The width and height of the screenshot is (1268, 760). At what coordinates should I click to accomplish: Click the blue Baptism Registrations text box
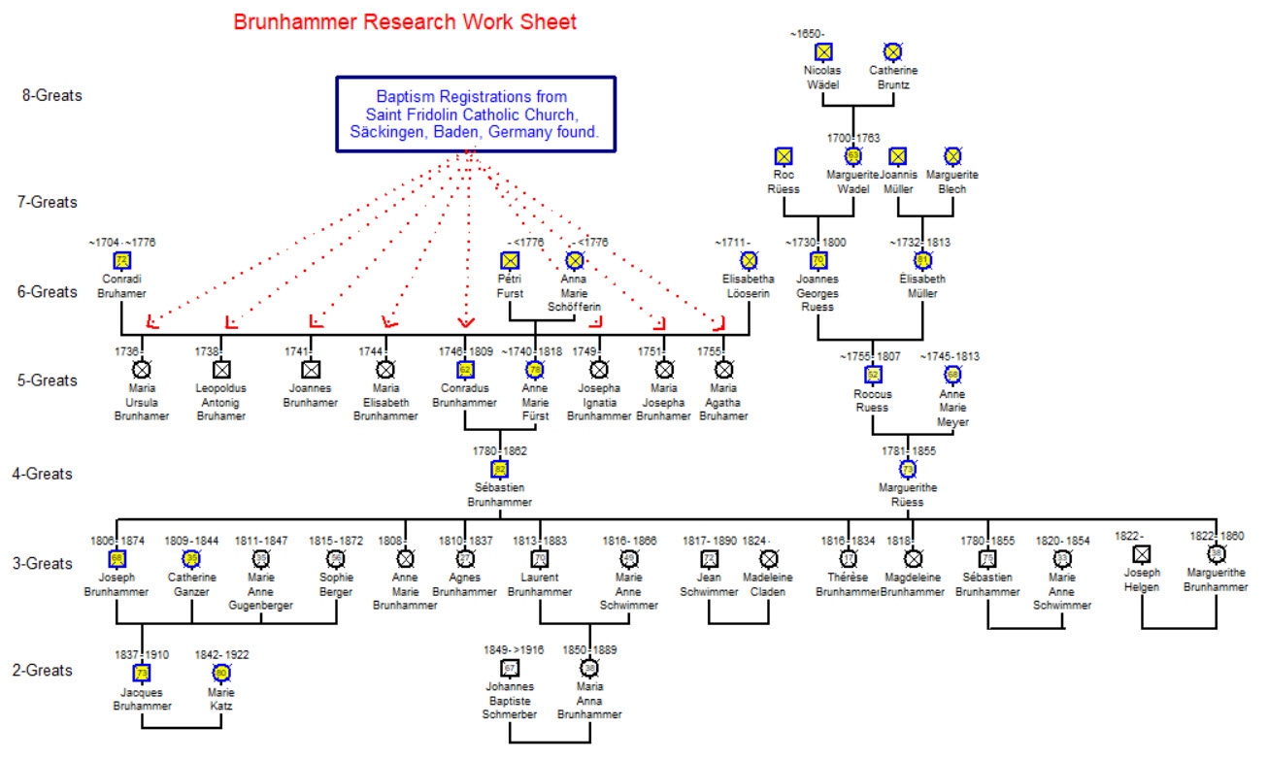[476, 114]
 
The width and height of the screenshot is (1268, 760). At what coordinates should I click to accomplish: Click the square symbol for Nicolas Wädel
[823, 51]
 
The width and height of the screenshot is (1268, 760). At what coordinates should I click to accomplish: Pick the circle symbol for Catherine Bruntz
[892, 51]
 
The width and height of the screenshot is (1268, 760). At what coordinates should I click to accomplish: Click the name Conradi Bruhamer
[121, 285]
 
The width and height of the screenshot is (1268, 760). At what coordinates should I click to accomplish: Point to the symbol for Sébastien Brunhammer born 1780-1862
[500, 469]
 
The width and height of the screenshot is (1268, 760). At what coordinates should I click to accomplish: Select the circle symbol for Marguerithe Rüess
[908, 469]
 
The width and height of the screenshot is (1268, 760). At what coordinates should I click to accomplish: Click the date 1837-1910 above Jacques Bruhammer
[142, 655]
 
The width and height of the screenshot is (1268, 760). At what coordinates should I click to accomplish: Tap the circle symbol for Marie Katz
[220, 673]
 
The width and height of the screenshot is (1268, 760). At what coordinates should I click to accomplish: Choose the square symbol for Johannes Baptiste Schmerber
[509, 668]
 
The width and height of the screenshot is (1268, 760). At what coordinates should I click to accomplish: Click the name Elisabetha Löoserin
[749, 285]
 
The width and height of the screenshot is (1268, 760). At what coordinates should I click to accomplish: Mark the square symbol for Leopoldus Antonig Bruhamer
[220, 369]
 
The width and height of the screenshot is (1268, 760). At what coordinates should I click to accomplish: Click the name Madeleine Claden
[769, 585]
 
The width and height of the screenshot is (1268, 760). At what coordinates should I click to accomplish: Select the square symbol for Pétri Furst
[509, 260]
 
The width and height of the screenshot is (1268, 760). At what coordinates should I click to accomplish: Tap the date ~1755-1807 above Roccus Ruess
[873, 356]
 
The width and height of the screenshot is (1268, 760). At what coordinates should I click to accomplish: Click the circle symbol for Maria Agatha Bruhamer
[723, 369]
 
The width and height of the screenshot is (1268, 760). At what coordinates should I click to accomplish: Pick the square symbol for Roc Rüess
[783, 155]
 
